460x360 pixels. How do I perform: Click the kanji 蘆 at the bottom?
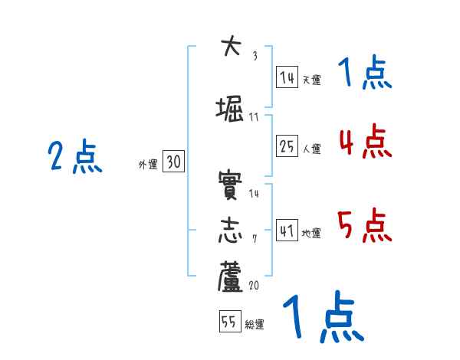click(x=231, y=279)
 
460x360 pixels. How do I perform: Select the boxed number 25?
click(x=287, y=147)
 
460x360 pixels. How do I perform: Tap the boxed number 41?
click(x=287, y=231)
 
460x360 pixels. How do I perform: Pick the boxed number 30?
click(x=173, y=162)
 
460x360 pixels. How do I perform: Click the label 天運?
click(x=311, y=80)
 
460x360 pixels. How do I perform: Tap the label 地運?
click(x=311, y=234)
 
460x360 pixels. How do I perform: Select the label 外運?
click(x=147, y=164)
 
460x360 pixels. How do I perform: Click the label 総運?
click(x=255, y=325)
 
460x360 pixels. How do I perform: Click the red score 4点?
click(x=365, y=141)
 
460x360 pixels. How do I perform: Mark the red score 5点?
click(x=365, y=225)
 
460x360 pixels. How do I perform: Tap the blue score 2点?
click(x=75, y=156)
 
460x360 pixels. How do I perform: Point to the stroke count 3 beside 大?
click(x=255, y=55)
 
